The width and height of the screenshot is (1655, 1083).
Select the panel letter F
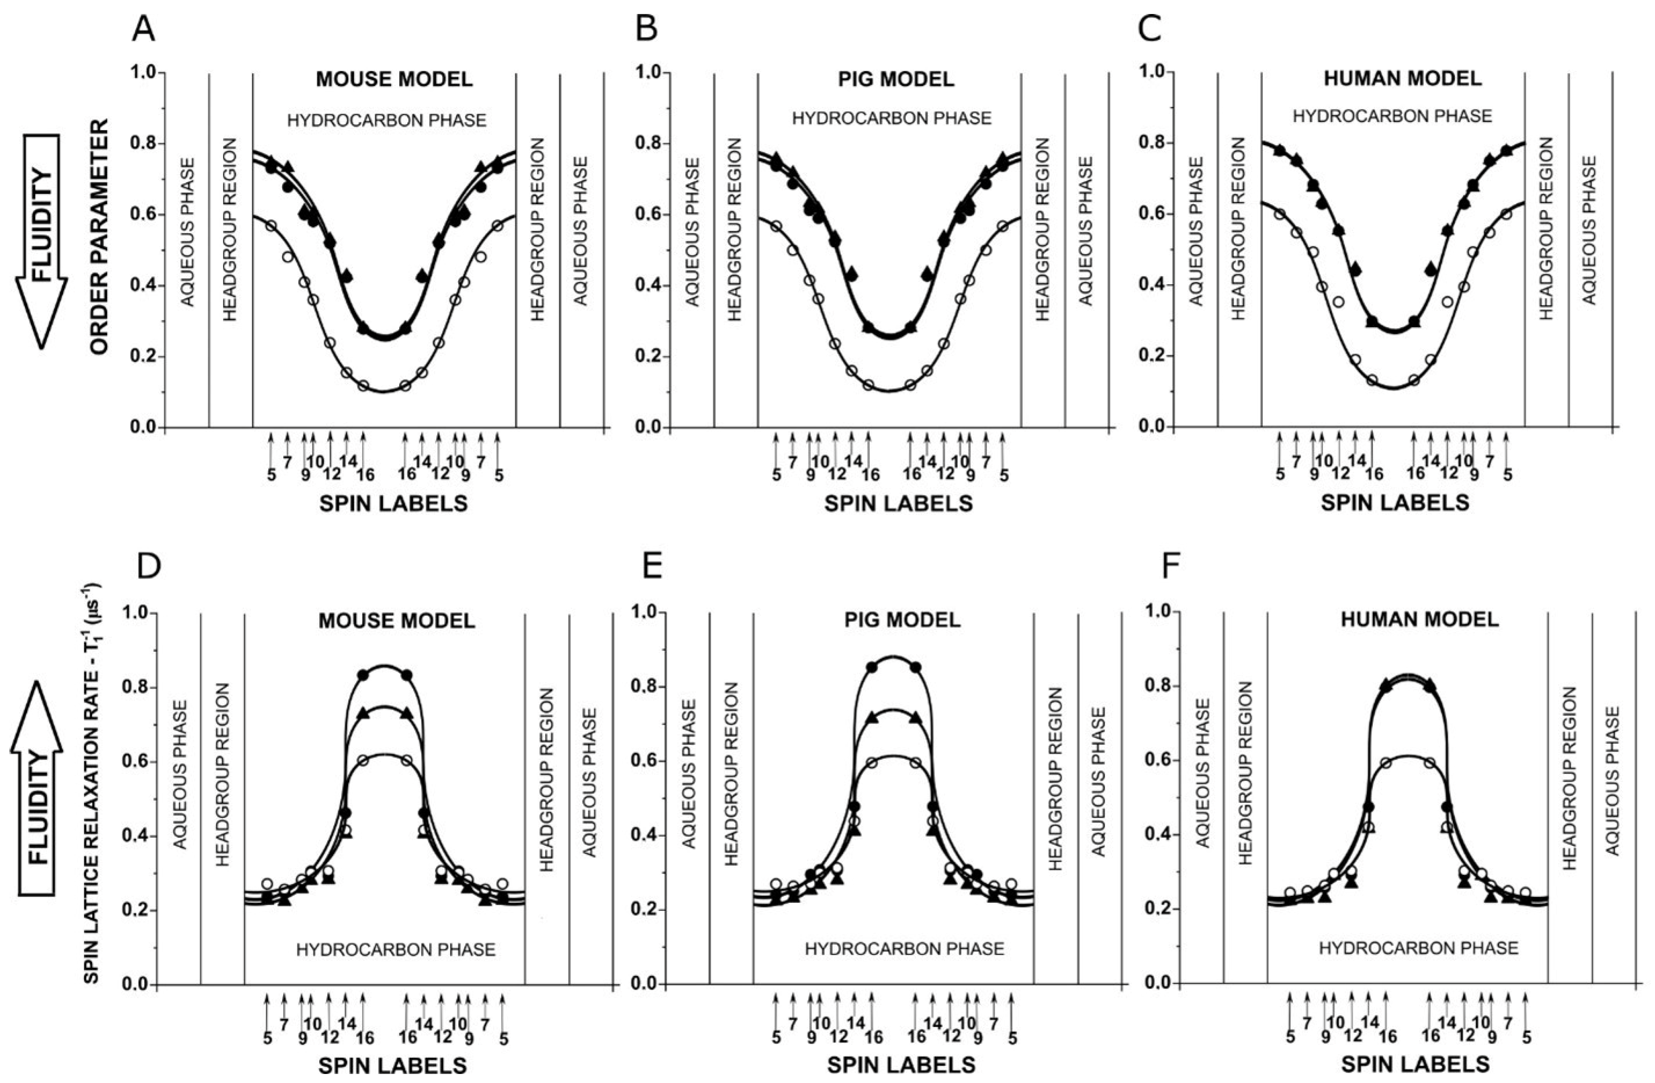pyautogui.click(x=1172, y=567)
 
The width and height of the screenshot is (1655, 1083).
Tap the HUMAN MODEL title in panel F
pyautogui.click(x=1419, y=619)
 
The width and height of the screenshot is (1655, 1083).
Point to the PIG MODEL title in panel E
pyautogui.click(x=903, y=619)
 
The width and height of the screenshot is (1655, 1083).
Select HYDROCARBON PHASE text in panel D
pyautogui.click(x=396, y=949)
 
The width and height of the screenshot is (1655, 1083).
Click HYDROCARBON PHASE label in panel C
pyautogui.click(x=1392, y=116)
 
